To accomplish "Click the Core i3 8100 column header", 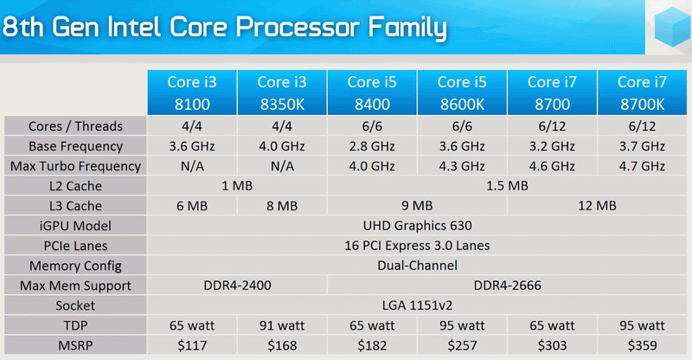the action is pos(192,93).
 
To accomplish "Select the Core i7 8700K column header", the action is pos(642,93).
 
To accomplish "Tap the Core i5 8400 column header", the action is pos(372,93).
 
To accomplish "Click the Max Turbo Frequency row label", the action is pos(75,166).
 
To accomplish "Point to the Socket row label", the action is pos(75,305).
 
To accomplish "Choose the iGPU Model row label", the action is pos(75,226).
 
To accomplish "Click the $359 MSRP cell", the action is pos(642,345).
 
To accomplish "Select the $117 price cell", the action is pos(192,345).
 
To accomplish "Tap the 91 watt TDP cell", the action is pos(282,325).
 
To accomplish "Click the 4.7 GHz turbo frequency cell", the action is pos(642,166).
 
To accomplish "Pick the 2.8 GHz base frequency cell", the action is pos(372,146).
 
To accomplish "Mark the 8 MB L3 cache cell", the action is pos(282,206).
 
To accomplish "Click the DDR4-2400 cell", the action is pos(237,286).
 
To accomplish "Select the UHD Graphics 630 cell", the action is pos(417,226).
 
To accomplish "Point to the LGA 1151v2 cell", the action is pos(417,305).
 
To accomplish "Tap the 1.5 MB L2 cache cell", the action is pos(507,186).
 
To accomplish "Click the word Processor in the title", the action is pos(298,27).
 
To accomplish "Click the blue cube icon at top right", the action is pos(672,28).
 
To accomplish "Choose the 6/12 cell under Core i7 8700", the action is pos(552,126).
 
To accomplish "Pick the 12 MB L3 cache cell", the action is pos(597,206).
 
